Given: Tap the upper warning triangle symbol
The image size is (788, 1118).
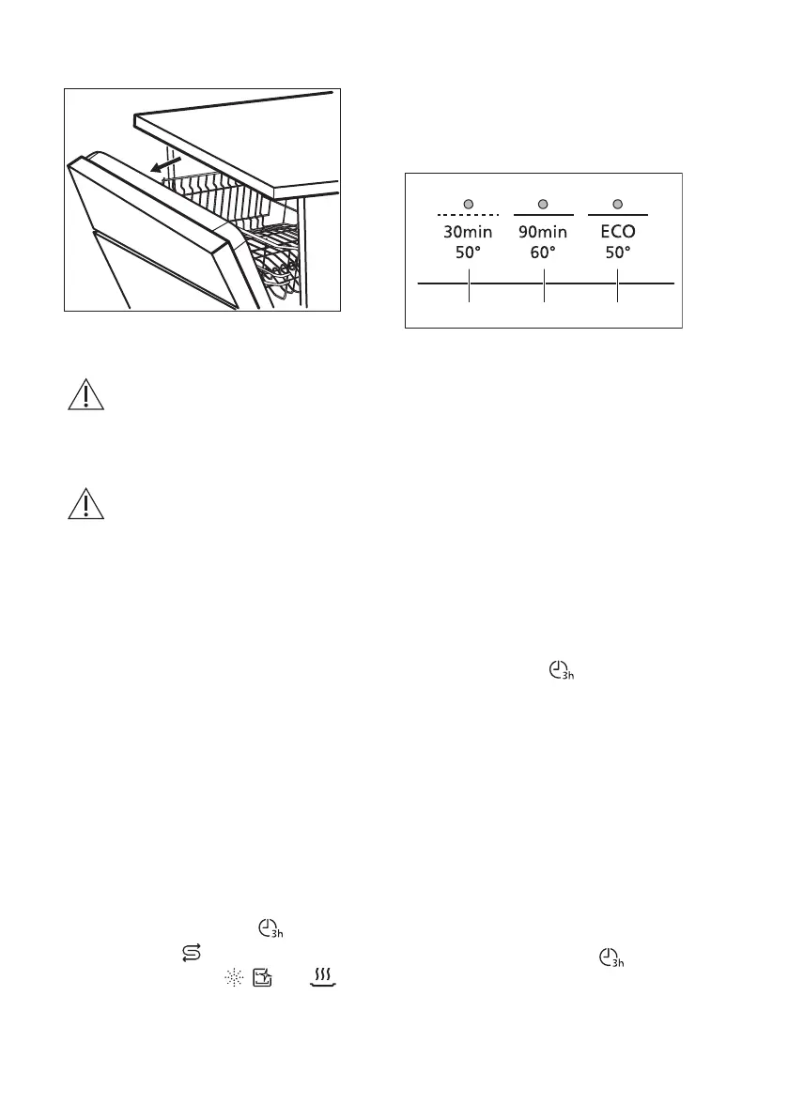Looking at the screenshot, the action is [x=85, y=395].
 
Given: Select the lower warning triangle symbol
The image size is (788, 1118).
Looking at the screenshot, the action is [x=85, y=505].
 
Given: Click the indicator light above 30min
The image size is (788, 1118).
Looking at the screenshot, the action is [x=468, y=204].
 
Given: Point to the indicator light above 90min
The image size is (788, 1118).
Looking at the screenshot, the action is [x=543, y=204].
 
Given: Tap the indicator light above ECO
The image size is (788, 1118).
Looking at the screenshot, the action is [x=617, y=204].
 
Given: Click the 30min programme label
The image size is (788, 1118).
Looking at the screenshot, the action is [x=468, y=231].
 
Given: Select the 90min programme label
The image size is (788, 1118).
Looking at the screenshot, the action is [x=543, y=231].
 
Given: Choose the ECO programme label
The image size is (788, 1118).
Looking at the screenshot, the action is [x=617, y=231].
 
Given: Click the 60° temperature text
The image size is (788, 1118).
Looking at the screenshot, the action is [x=543, y=252].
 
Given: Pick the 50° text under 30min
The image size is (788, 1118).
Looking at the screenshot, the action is [x=468, y=252].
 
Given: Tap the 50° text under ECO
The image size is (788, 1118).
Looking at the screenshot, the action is [x=617, y=252].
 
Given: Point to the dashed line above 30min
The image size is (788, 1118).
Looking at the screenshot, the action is [x=468, y=216].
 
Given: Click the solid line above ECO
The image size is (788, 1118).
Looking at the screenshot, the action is [x=617, y=216].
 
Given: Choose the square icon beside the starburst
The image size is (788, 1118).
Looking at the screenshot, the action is [x=262, y=977].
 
